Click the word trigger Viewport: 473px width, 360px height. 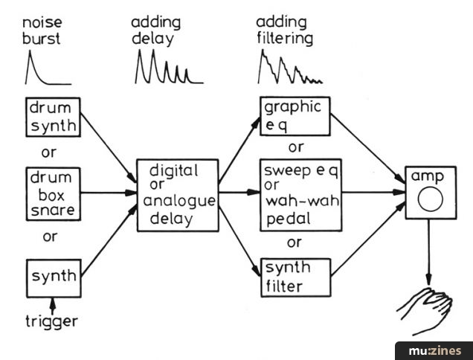51,321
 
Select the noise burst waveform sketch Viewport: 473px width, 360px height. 48,67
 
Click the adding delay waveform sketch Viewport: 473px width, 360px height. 169,66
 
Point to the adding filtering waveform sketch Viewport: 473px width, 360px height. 290,67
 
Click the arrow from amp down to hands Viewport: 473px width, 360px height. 428,252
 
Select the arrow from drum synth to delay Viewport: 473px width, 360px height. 109,148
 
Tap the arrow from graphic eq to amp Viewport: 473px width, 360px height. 367,149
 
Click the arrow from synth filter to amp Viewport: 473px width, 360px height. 368,239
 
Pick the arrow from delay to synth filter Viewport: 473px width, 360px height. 239,242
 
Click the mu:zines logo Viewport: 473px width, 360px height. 434,351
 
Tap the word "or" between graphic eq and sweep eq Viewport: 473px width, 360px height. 296,147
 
